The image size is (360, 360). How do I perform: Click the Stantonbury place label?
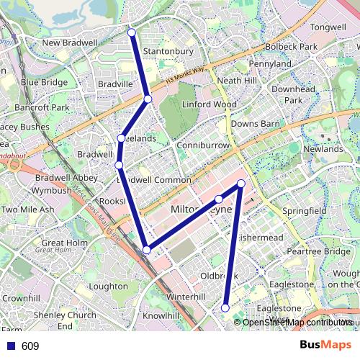point(168,52)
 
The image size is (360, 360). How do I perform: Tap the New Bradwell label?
point(70,43)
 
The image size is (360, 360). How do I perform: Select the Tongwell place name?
point(328,27)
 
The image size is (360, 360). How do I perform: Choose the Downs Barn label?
point(255,124)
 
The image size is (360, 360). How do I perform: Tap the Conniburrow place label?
point(202,144)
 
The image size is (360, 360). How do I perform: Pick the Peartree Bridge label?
point(318,251)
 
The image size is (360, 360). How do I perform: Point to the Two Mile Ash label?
point(27,210)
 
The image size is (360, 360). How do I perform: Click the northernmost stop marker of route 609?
point(132,32)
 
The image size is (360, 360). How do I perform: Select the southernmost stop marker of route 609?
point(225,308)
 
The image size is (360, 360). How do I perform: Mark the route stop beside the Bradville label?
point(147,99)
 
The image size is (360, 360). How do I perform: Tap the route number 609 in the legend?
point(30,346)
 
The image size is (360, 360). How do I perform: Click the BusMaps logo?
point(326,345)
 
